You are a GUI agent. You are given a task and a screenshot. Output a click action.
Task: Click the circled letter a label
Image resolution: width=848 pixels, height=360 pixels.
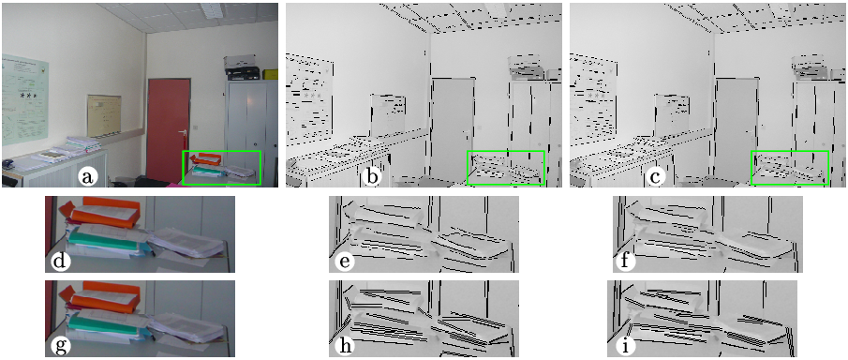tap(87, 176)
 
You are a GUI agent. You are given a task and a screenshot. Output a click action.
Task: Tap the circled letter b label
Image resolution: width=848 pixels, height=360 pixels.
tap(370, 176)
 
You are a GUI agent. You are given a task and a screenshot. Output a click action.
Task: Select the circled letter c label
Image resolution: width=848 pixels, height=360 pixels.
tap(656, 176)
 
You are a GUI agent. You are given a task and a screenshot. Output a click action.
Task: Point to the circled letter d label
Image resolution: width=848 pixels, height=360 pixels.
tap(57, 262)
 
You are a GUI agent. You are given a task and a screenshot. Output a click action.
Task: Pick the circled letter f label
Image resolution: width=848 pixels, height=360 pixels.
tap(626, 262)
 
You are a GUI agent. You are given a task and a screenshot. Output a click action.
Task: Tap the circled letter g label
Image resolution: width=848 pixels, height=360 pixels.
tap(57, 345)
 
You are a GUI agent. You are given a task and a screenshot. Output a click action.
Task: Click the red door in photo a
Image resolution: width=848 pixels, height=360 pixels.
tap(168, 130)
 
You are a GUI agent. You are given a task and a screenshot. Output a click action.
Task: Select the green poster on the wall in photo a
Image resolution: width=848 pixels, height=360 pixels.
tap(25, 99)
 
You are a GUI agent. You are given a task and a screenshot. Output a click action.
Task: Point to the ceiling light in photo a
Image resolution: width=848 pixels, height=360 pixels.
tap(213, 10)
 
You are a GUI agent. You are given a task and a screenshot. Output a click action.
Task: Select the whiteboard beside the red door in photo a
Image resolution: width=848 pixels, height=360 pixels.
tap(104, 114)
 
